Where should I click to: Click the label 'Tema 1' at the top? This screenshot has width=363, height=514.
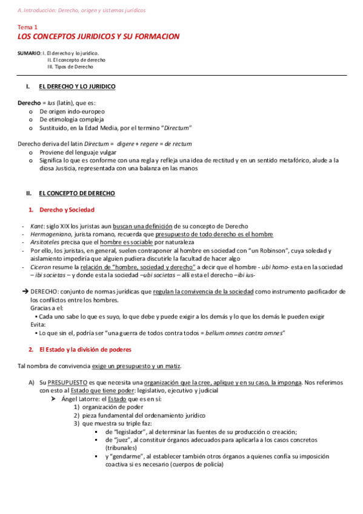[x=27, y=28]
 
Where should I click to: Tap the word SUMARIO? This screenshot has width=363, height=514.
[x=29, y=53]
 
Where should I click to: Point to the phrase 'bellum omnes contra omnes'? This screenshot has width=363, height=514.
[x=244, y=333]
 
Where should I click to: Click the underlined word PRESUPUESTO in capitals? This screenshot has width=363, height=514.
[x=64, y=382]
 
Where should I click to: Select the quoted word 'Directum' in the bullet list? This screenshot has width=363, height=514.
[x=173, y=128]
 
